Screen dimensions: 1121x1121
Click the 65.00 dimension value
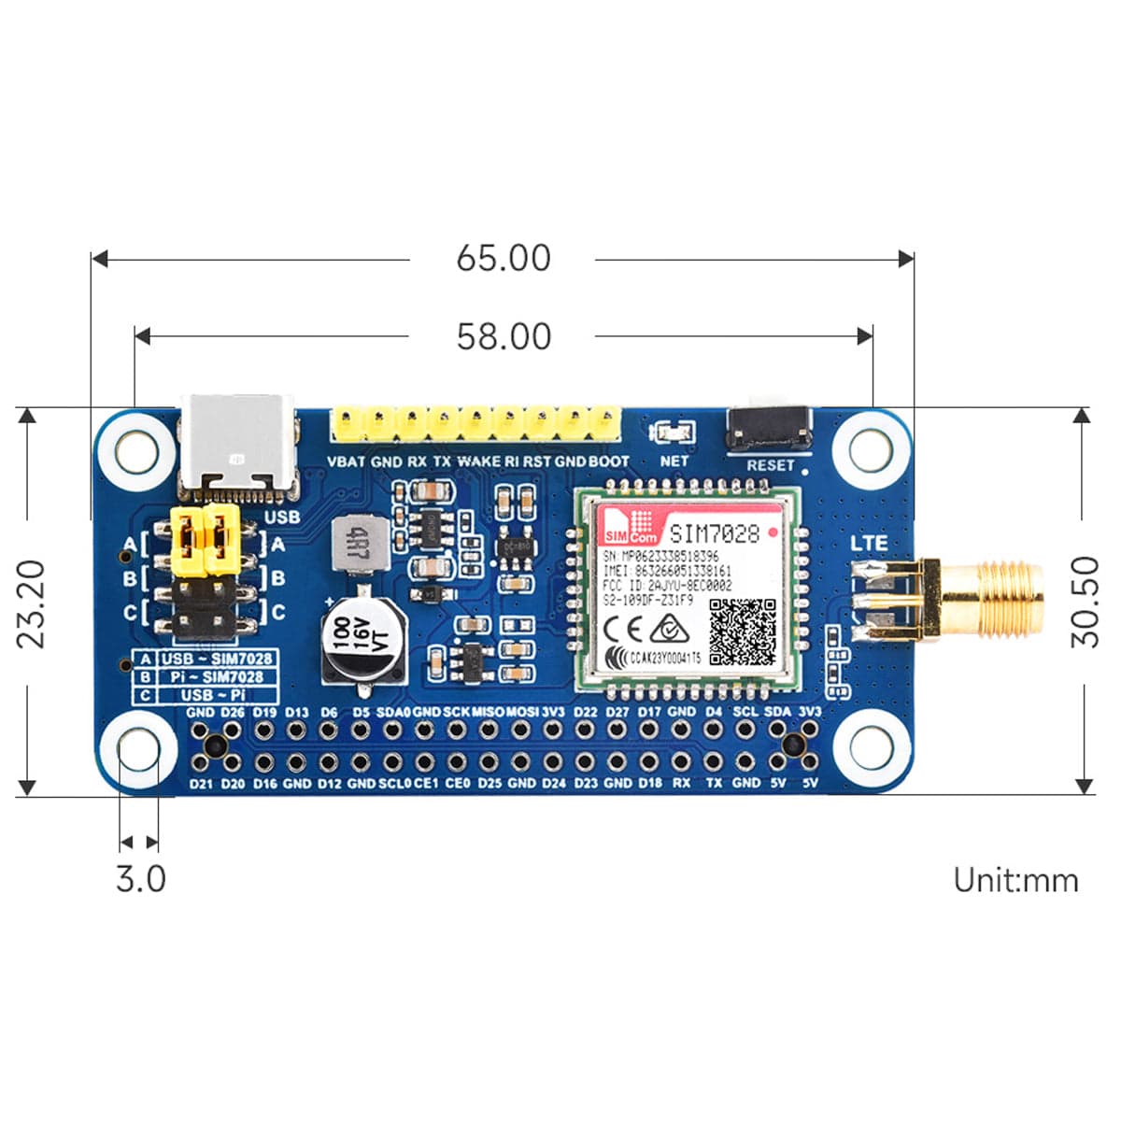pos(504,259)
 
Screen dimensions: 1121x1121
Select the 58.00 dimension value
pos(504,336)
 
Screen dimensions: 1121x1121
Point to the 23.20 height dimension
pos(31,603)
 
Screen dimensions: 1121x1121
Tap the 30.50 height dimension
pos(1086,602)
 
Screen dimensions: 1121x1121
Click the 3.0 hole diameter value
pos(140,879)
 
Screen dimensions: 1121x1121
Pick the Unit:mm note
pos(1015,880)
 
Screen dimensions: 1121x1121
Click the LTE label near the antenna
pos(869,543)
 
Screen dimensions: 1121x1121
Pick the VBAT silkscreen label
pos(347,461)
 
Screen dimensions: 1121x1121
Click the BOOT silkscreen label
pos(608,461)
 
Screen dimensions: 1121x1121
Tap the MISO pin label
pos(489,712)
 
